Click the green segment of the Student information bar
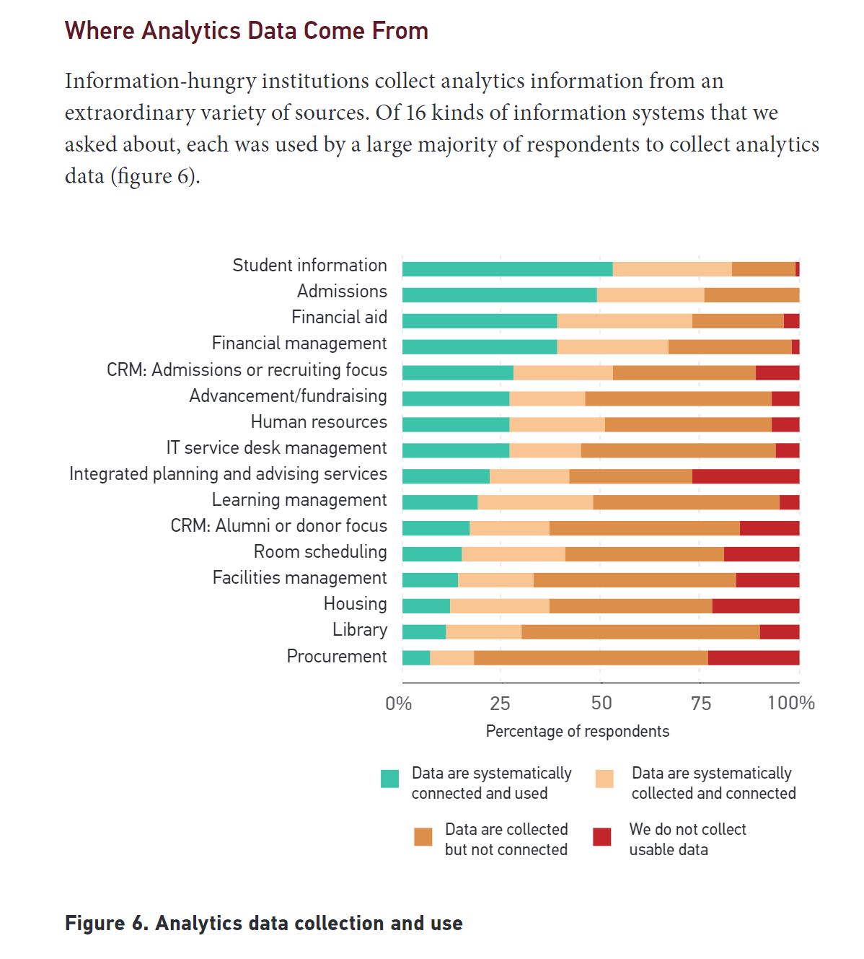(x=507, y=269)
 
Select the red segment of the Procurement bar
(x=753, y=658)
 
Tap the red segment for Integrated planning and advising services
(x=745, y=476)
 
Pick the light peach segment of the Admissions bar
(x=650, y=295)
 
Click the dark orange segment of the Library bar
(x=640, y=632)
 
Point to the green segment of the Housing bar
(x=426, y=606)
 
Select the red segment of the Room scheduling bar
(x=761, y=554)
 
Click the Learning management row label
(x=299, y=500)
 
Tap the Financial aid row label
(x=339, y=318)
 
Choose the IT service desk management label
(x=276, y=448)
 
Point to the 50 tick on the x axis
(x=601, y=703)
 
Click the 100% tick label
(x=790, y=703)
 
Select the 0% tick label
(x=399, y=703)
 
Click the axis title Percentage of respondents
(x=577, y=731)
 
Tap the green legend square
(x=389, y=779)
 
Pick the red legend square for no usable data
(x=601, y=836)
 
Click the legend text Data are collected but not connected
(x=506, y=839)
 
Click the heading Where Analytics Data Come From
(x=247, y=31)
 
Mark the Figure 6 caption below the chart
(x=263, y=924)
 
